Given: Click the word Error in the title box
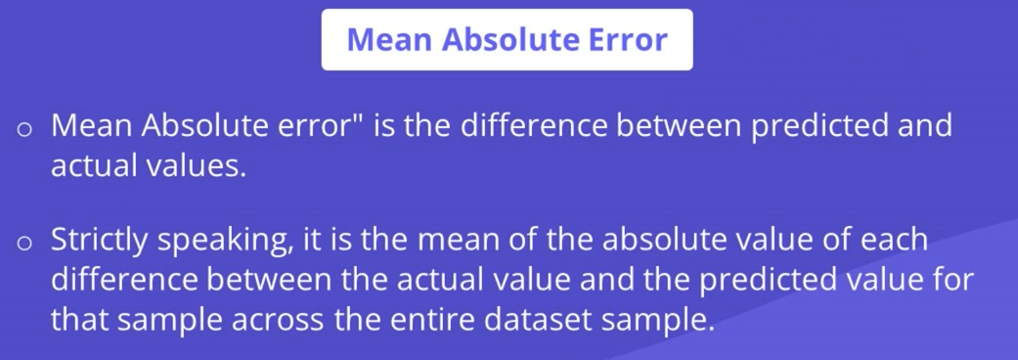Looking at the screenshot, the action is pos(628,40).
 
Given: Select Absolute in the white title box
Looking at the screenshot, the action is pos(511,40).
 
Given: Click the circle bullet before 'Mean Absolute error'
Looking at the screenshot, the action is pos(24,129).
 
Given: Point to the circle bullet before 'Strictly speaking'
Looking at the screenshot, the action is pos(24,243).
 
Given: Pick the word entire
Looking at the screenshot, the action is pos(432,320).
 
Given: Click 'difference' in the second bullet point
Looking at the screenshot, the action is pos(124,280).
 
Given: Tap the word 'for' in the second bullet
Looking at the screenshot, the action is pos(954,280).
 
